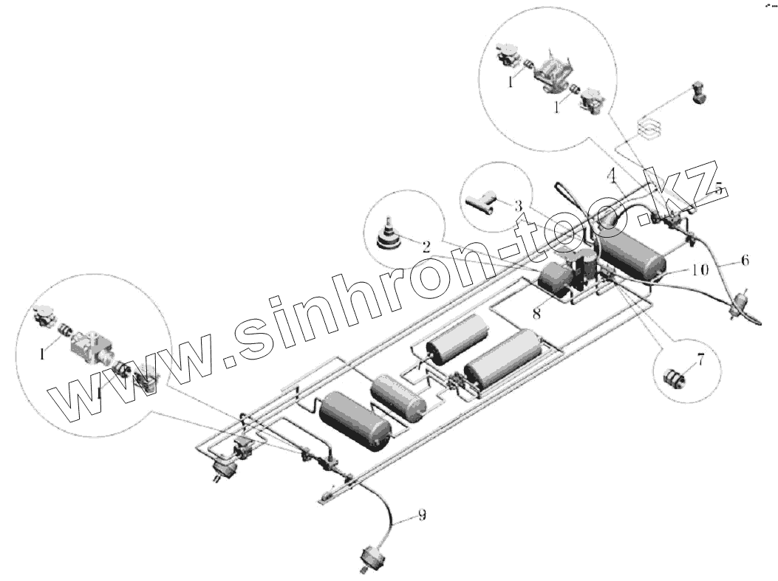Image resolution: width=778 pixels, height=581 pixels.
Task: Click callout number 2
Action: tap(426, 247)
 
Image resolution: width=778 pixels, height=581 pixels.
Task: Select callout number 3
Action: tap(519, 204)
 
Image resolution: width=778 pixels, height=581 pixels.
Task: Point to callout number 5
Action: tap(716, 187)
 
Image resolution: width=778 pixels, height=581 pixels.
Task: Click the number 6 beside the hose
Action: tap(745, 260)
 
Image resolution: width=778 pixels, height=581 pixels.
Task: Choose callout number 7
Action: tap(700, 361)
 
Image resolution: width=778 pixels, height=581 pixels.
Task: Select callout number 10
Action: tap(700, 270)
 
